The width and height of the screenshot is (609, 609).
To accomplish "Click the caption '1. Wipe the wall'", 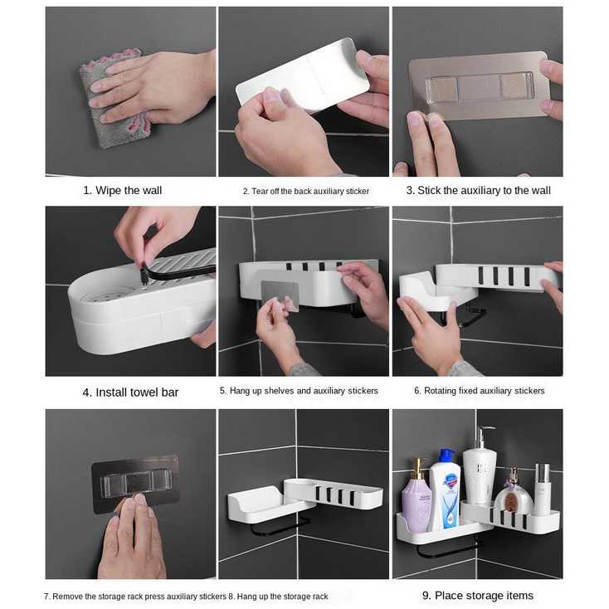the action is tap(122, 190).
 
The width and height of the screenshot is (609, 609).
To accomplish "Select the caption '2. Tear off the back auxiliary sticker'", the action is tap(306, 191).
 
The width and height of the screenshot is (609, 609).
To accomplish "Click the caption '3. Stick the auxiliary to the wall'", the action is tap(479, 190).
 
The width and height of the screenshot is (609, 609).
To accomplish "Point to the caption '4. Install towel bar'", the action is tap(130, 392).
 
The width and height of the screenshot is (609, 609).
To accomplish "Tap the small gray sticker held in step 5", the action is tap(280, 295).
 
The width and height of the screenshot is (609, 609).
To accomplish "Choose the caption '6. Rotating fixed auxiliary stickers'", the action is tap(480, 391).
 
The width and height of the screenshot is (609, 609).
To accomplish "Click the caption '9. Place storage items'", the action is tap(478, 596).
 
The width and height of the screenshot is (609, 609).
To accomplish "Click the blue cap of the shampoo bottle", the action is tap(446, 456).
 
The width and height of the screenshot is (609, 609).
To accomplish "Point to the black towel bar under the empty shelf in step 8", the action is tap(279, 525).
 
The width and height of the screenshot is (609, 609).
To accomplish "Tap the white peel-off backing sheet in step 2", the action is tap(303, 75).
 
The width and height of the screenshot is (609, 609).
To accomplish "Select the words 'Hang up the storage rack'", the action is tap(286, 597).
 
